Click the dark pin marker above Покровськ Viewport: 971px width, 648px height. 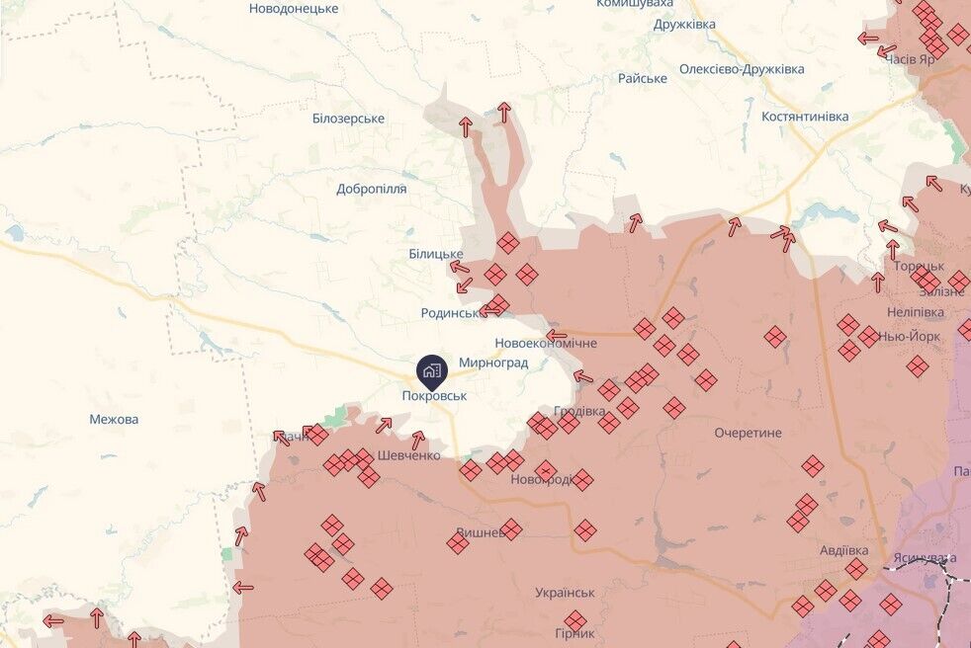pos(432,370)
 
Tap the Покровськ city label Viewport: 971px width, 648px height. pos(434,395)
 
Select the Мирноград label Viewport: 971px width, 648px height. pos(493,363)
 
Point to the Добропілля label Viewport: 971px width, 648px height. pos(371,189)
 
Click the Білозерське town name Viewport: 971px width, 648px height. pos(348,119)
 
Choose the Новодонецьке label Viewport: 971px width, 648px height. pos(294,8)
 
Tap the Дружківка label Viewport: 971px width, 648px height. pos(684,24)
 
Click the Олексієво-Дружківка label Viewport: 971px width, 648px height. pos(742,69)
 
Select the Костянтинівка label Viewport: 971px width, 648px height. pos(805,117)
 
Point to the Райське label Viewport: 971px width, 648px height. pos(643,78)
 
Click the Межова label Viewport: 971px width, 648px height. pos(114,419)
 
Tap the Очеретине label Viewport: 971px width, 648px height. pos(749,433)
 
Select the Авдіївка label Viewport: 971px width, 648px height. pos(843,549)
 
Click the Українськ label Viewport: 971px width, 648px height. pos(565,593)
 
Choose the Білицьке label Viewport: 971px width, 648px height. pos(436,254)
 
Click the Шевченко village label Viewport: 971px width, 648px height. pos(408,455)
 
